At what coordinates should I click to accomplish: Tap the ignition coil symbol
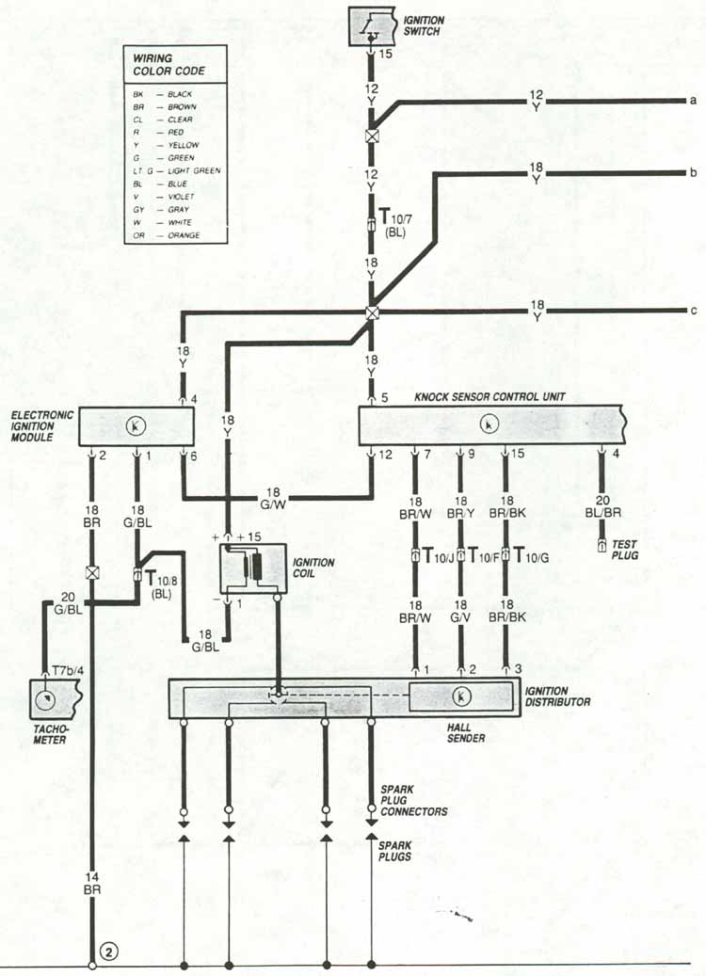tap(252, 568)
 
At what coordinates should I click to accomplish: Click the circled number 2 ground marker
tap(110, 952)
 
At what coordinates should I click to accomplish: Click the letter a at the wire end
tap(693, 101)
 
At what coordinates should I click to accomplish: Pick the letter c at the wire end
tap(693, 312)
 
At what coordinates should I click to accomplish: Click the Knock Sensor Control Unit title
tap(489, 395)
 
